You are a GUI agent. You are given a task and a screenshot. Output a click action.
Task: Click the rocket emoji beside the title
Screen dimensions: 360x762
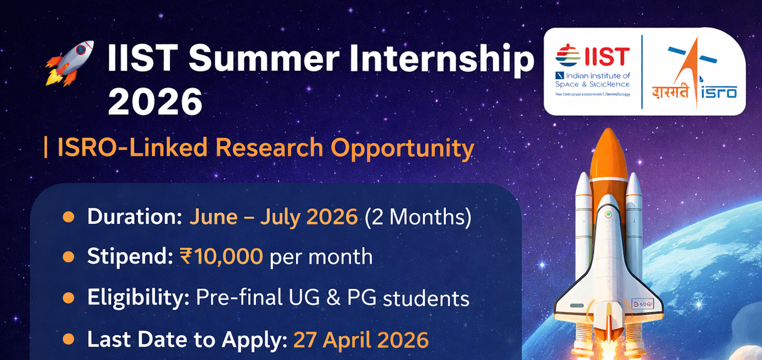tap(70, 63)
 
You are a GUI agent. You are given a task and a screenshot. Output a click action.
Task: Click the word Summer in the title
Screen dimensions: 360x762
tap(263, 59)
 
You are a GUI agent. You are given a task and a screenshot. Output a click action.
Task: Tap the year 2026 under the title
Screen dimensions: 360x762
tap(155, 101)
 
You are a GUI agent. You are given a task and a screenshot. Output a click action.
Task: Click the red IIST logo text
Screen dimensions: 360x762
tap(607, 56)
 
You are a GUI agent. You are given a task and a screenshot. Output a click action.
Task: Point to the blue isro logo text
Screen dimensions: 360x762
tap(719, 91)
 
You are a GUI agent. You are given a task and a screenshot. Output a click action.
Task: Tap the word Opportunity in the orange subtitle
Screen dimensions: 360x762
tap(402, 148)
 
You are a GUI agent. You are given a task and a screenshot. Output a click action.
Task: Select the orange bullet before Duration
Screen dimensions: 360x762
tap(69, 217)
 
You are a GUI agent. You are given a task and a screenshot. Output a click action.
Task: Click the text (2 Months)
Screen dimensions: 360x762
tap(418, 217)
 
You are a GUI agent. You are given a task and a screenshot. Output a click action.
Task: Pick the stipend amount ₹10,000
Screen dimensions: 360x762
tap(221, 257)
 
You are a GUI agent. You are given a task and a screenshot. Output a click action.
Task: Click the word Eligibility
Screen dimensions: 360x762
tap(138, 298)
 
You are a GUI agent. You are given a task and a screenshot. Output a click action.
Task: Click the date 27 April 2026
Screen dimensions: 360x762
tap(361, 340)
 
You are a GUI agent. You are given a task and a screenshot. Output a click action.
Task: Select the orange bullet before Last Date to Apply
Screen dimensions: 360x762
tap(69, 340)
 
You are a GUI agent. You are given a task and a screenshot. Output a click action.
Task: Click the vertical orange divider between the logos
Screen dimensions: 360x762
tap(642, 71)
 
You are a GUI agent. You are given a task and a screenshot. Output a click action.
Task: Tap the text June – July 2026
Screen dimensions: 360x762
tap(273, 217)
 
